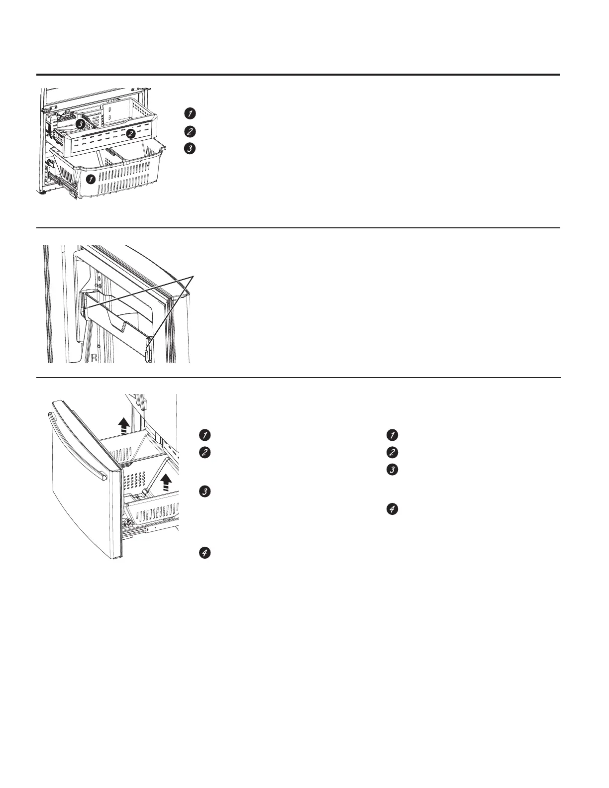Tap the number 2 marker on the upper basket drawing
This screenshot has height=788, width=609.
[x=130, y=133]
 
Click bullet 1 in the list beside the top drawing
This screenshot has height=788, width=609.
[x=189, y=113]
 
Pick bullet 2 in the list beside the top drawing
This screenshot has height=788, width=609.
[x=189, y=132]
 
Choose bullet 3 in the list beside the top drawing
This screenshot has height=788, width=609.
[x=189, y=148]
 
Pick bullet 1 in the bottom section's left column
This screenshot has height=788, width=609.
[x=203, y=435]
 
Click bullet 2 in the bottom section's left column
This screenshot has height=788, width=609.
[x=203, y=453]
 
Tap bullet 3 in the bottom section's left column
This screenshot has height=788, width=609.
[x=203, y=492]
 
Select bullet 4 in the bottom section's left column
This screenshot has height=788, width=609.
[x=203, y=552]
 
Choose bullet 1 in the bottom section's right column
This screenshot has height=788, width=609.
[x=392, y=435]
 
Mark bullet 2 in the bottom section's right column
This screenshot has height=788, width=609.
[x=392, y=453]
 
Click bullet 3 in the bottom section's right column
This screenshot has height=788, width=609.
[x=392, y=470]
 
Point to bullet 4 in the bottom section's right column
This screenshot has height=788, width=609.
[x=392, y=509]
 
